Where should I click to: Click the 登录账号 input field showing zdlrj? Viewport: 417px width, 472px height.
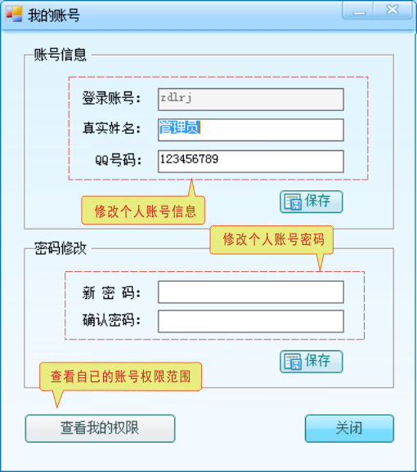tap(251, 100)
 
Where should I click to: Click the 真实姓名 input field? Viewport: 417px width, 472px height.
tap(251, 130)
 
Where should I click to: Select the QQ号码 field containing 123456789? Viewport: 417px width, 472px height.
tap(251, 162)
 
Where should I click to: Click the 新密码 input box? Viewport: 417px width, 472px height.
tap(251, 292)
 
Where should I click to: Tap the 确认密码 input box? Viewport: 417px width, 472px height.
tap(251, 322)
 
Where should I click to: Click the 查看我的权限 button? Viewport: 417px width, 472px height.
tap(100, 429)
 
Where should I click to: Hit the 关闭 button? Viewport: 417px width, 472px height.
tap(349, 429)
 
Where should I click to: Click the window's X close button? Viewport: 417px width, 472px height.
tap(392, 10)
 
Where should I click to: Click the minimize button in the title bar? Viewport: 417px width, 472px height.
tap(358, 10)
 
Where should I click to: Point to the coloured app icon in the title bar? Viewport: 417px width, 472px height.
tap(14, 14)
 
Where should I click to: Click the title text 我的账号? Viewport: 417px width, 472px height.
tap(54, 15)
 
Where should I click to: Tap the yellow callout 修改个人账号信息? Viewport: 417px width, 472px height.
tap(143, 210)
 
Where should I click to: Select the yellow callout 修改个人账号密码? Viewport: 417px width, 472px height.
tap(271, 240)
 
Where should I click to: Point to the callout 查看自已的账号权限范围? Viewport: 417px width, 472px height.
tap(120, 376)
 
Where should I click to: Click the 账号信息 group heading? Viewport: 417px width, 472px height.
tap(60, 55)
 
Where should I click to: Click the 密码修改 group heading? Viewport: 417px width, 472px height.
tap(60, 248)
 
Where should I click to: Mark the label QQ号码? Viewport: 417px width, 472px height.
tap(118, 159)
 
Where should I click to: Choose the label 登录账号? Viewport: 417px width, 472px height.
tap(111, 98)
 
